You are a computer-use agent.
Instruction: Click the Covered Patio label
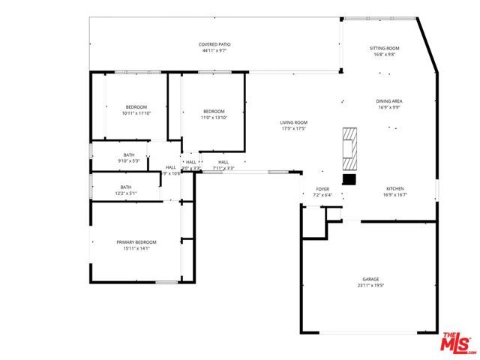tap(214, 45)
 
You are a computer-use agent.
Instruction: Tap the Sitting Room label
tap(384, 49)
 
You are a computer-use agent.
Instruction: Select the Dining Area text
tap(389, 101)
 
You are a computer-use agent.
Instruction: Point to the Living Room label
tap(294, 123)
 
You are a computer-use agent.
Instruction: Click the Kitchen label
tap(394, 189)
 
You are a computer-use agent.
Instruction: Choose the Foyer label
tap(322, 190)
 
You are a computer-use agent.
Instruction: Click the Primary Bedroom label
tap(136, 242)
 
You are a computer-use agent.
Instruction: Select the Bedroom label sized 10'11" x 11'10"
tap(136, 107)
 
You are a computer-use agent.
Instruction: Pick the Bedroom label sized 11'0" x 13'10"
tap(214, 112)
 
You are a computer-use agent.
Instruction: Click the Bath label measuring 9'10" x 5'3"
tap(129, 155)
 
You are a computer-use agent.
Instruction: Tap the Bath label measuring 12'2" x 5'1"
tap(125, 187)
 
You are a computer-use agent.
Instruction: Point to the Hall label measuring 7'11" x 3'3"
tap(223, 162)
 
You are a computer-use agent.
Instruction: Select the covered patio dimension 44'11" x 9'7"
tap(214, 52)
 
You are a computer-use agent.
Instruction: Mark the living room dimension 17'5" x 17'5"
tap(294, 129)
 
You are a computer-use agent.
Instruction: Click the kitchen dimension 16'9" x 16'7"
tap(394, 195)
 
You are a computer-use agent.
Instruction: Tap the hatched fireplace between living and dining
tap(349, 149)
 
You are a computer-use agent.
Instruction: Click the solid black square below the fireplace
tap(349, 179)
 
